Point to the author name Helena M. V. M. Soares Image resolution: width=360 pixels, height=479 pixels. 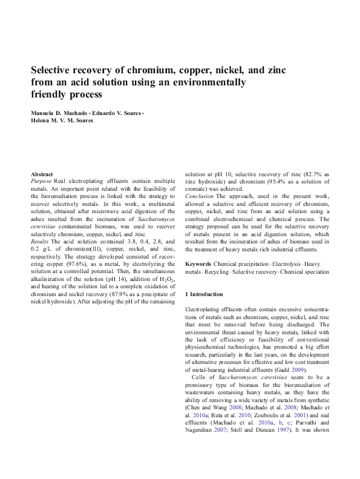pyautogui.click(x=62, y=121)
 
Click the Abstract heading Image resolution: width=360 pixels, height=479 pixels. pyautogui.click(x=42, y=174)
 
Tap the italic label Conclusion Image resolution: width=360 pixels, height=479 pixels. pyautogui.click(x=198, y=196)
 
